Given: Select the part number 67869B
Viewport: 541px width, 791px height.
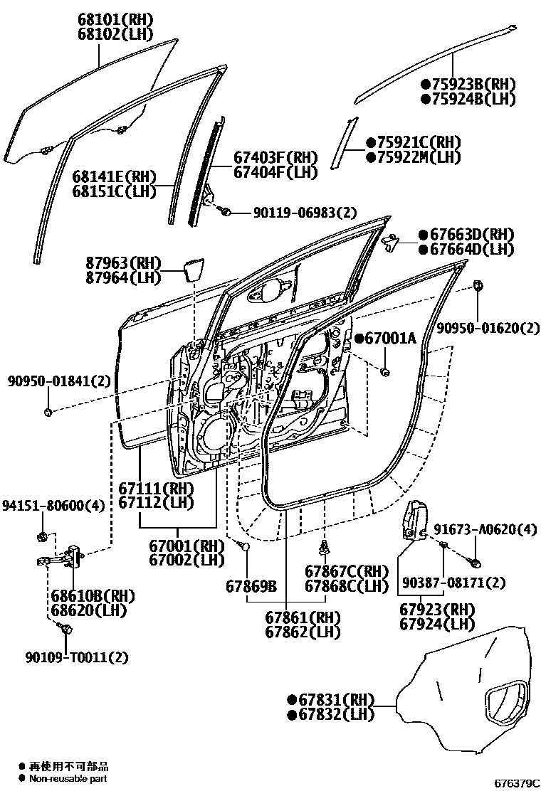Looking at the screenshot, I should point(251,586).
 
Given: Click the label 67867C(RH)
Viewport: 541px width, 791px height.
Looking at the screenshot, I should point(347,571).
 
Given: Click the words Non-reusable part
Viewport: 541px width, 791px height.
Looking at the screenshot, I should point(68,778).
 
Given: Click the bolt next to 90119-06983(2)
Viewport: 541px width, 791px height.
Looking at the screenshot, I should point(225,211).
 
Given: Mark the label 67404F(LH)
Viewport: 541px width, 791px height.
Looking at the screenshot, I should point(275,172).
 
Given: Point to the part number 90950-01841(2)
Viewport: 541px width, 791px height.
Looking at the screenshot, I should point(60,381).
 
